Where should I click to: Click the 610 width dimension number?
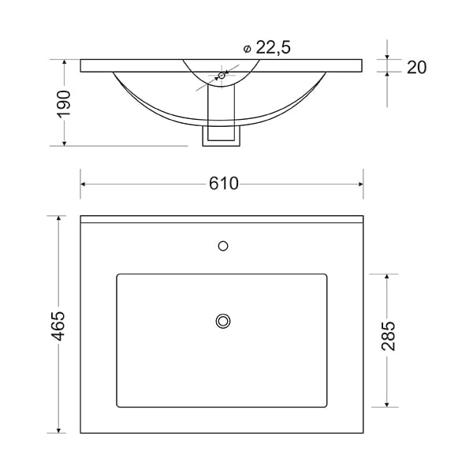[x=224, y=184]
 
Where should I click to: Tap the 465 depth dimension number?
[x=58, y=326]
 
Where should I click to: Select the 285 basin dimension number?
[x=388, y=336]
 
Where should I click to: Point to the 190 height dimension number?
[x=64, y=104]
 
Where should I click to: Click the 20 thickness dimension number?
[x=416, y=67]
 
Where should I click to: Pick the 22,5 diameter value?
[x=274, y=47]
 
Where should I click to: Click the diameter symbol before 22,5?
[x=247, y=49]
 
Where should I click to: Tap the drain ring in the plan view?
[x=223, y=321]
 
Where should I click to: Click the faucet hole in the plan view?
[x=223, y=246]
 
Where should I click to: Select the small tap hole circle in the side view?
[x=222, y=76]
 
